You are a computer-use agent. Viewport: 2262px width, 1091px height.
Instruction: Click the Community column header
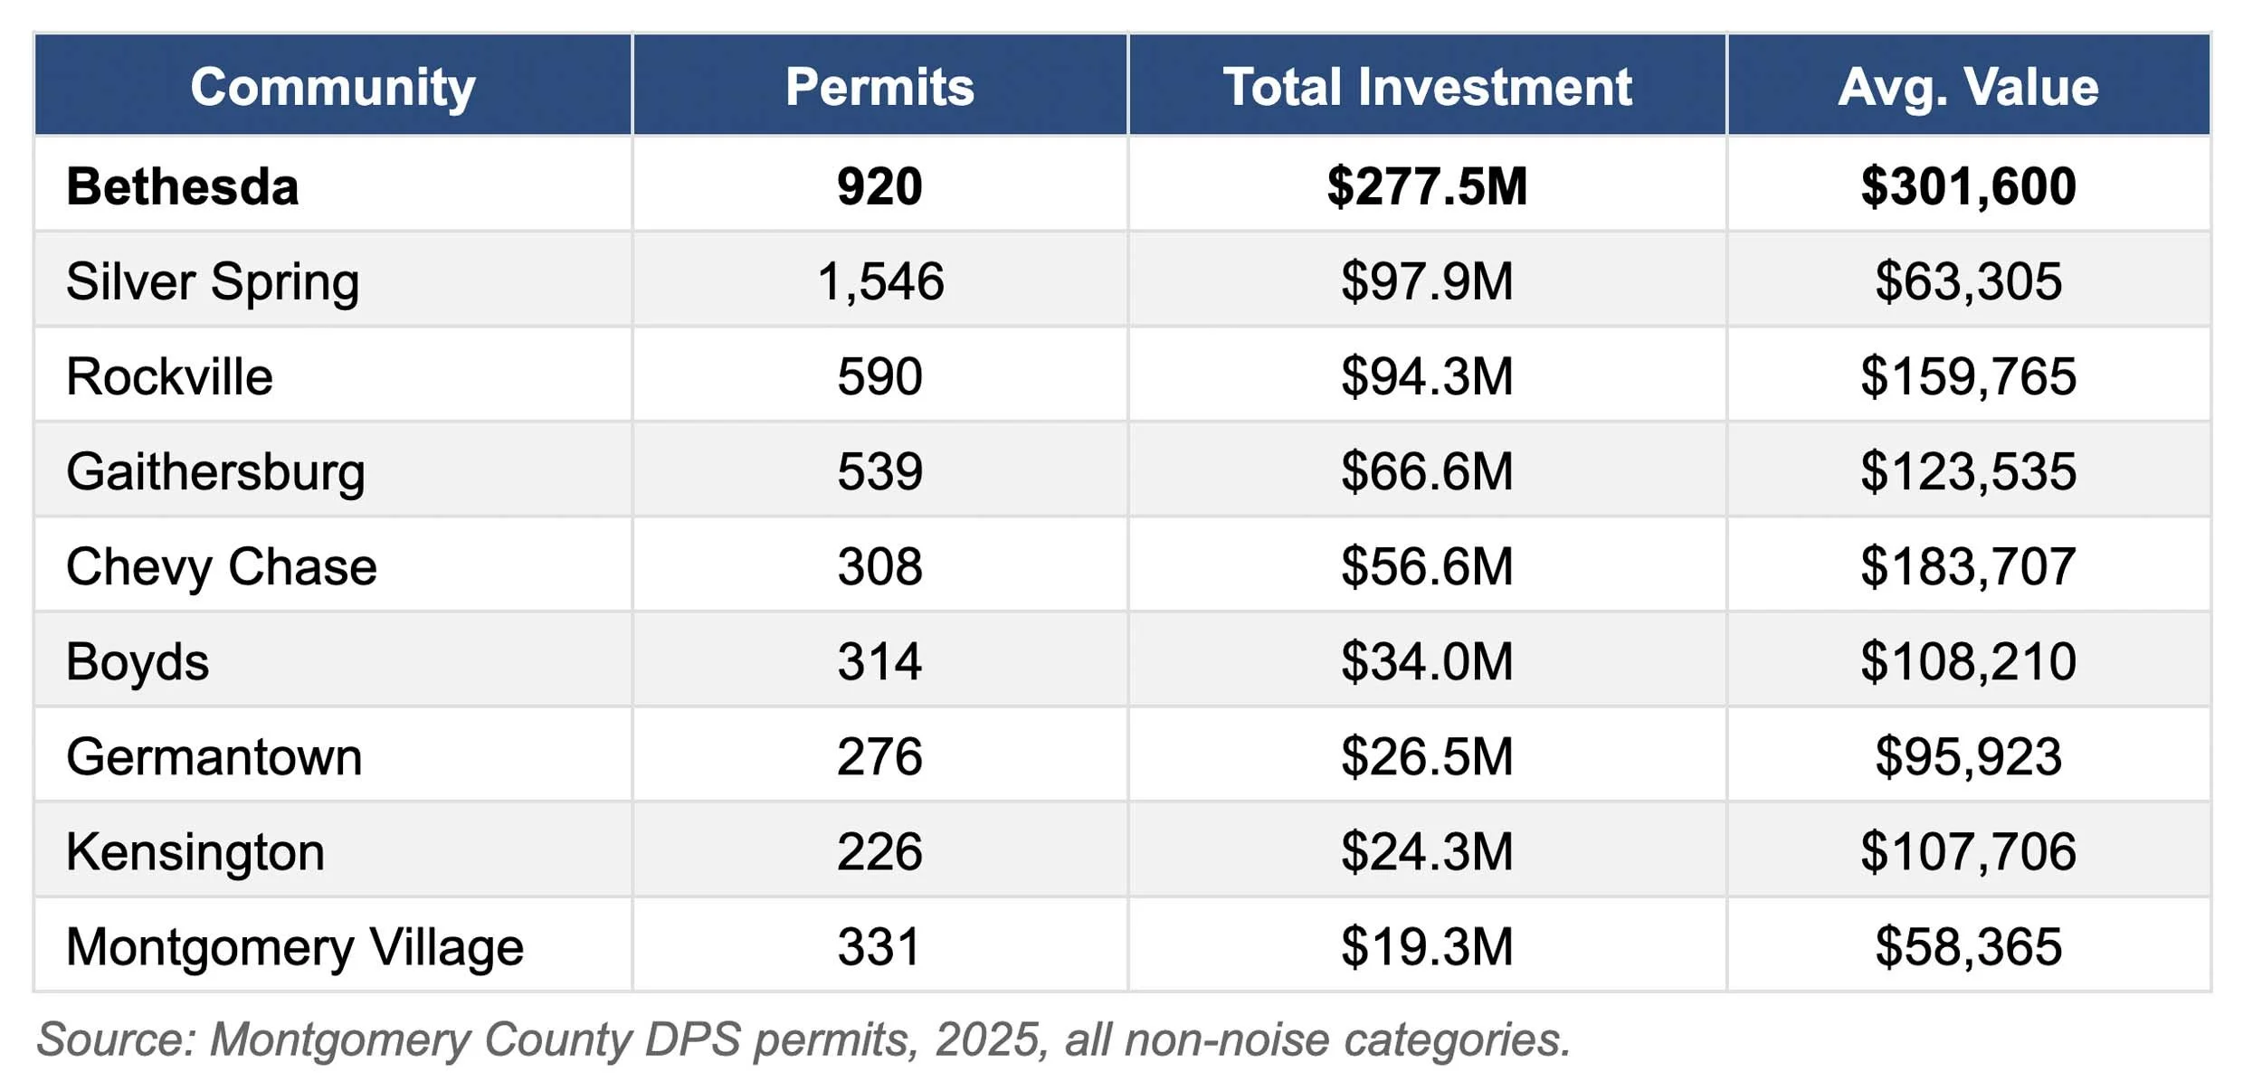coord(333,87)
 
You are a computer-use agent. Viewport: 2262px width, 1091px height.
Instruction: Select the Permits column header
coord(879,87)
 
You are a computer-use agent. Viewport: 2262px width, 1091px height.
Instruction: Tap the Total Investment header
coord(1427,87)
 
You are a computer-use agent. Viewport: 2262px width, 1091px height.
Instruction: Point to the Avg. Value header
coord(1968,87)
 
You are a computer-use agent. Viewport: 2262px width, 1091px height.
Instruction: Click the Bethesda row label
coord(182,186)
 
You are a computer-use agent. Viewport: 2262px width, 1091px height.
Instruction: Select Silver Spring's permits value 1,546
coord(879,281)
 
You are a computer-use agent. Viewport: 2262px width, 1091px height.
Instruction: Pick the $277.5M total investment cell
coord(1427,186)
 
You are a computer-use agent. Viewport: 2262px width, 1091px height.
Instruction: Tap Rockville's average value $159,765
coord(1968,376)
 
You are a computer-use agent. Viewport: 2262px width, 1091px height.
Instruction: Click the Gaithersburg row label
coord(215,471)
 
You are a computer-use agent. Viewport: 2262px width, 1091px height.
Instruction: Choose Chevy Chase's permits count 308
coord(879,566)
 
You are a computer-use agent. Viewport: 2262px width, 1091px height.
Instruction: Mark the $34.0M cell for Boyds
coord(1427,661)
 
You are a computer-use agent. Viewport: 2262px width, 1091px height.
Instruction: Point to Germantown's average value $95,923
coord(1968,756)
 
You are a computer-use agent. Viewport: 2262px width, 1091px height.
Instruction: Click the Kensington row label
coord(195,852)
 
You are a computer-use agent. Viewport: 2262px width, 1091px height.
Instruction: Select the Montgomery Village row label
coord(295,947)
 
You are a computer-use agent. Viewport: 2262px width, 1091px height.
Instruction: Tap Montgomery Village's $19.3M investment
coord(1427,947)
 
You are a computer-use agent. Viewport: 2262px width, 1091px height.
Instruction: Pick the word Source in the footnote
coord(113,1039)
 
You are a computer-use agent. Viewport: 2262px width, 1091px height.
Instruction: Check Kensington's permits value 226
coord(879,852)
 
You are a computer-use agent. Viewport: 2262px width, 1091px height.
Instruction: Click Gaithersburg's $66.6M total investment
coord(1427,471)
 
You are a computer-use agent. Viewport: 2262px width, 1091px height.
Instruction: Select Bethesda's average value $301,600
coord(1968,186)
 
